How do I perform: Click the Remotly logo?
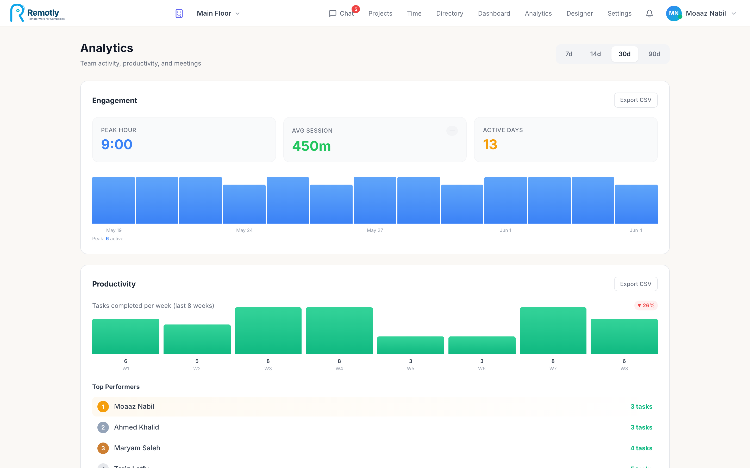37,13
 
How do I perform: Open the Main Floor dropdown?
218,13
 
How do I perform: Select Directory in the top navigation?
449,13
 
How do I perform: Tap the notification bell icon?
649,13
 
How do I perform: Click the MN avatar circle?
674,13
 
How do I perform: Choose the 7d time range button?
569,54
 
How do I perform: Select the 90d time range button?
654,54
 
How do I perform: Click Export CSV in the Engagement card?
636,100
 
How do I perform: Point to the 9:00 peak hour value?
117,145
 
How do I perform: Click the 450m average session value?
311,146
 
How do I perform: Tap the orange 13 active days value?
490,145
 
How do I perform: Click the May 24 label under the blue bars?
244,230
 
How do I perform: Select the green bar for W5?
410,345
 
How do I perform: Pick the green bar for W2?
197,339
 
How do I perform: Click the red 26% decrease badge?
646,305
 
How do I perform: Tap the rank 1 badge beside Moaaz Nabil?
103,406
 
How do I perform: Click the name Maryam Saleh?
137,448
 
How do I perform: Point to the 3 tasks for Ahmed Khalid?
641,427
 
